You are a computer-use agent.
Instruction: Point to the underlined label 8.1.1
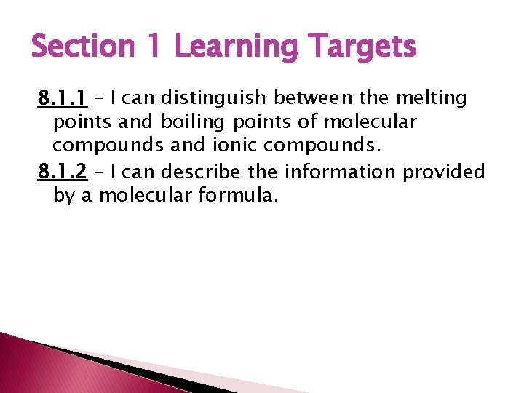[63, 97]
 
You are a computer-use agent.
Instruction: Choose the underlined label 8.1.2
[63, 172]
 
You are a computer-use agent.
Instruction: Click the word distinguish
[215, 97]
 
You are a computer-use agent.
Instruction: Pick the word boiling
[195, 122]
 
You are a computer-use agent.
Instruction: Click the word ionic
[234, 146]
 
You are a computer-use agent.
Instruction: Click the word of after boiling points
[309, 122]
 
